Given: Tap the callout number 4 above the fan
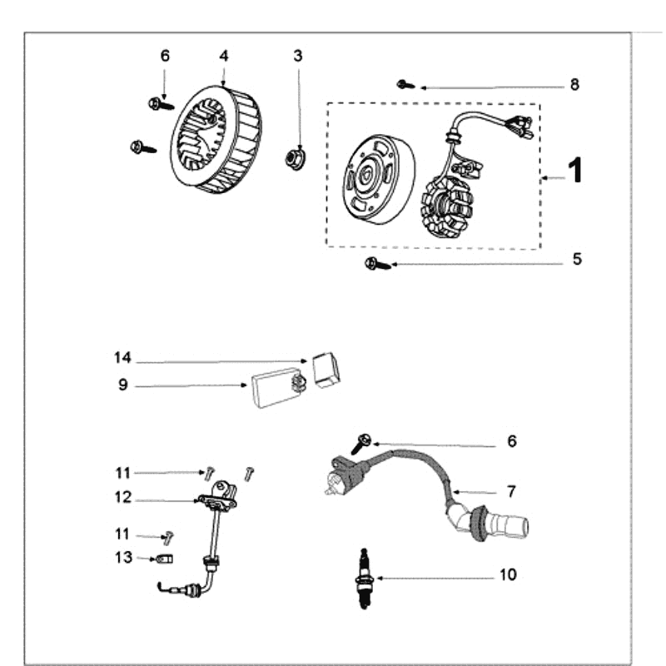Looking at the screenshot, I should [x=223, y=56].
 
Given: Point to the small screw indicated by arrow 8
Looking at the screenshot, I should [x=405, y=83].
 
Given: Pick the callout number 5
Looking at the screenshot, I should [x=576, y=259].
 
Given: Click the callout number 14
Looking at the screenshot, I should [x=122, y=358].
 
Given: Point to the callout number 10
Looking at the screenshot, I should [x=508, y=574].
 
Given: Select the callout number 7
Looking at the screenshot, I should [x=511, y=491].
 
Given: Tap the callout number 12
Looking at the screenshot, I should [x=122, y=497].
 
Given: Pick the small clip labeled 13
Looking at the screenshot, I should [x=165, y=558].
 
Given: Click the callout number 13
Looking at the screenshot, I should [x=122, y=557].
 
